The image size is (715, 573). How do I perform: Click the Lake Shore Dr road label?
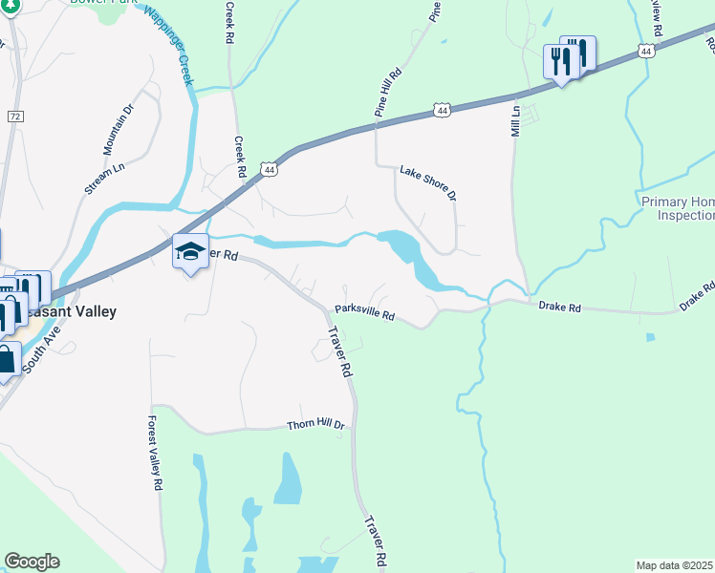point(428,181)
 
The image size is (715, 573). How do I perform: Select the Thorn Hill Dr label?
point(314,425)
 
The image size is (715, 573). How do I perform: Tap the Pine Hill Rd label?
point(388,92)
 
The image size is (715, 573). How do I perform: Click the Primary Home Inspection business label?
point(678,208)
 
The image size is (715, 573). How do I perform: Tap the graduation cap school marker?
point(190,251)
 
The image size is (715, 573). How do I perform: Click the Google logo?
point(32,562)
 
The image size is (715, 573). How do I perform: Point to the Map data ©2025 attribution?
point(674,565)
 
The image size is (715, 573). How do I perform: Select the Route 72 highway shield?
point(14,116)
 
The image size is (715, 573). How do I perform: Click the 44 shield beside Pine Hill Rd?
point(441,112)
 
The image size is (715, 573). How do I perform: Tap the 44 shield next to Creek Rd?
point(271,170)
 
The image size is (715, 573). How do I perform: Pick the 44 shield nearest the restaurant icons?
point(647,51)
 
